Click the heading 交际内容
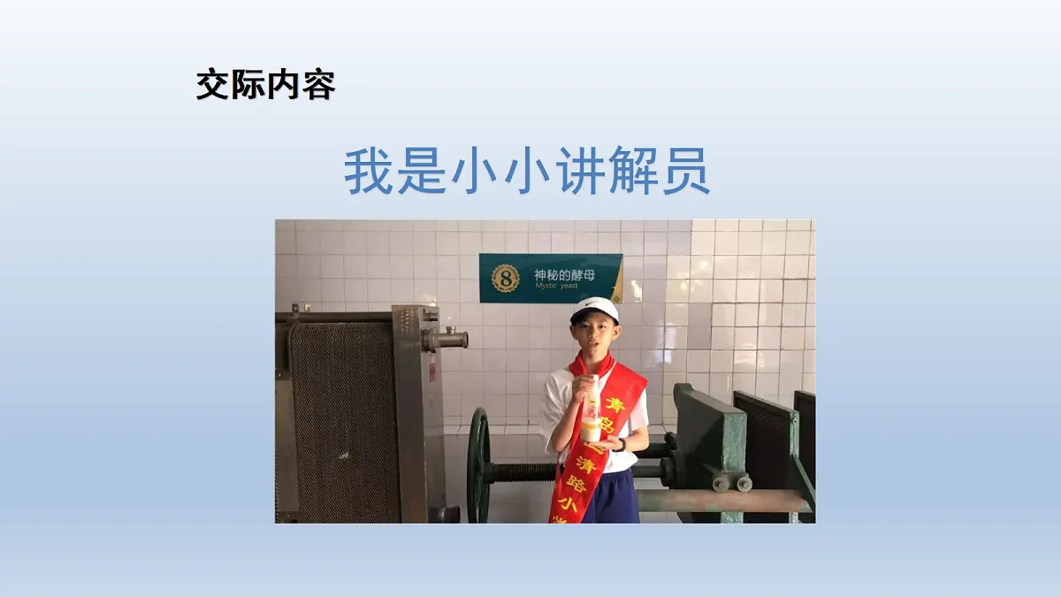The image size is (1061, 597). click(x=265, y=87)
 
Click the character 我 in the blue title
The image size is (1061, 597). click(x=367, y=172)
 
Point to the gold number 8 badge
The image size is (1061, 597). click(x=506, y=278)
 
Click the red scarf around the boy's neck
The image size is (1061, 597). click(x=592, y=364)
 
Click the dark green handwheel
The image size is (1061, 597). click(x=478, y=464)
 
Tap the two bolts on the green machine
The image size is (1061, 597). click(x=731, y=483)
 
